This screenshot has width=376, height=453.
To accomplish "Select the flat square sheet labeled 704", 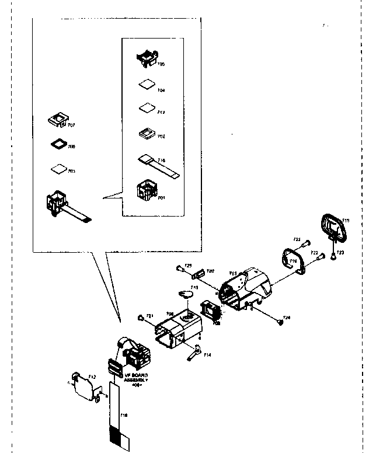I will click(x=146, y=85).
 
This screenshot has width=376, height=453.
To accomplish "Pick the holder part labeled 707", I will click(x=59, y=120).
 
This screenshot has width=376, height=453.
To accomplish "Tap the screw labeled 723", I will click(x=333, y=255).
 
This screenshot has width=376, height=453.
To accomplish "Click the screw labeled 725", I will click(x=177, y=269).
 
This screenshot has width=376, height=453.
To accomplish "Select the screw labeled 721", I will click(x=141, y=318).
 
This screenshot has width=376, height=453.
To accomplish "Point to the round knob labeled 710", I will click(x=186, y=295).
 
